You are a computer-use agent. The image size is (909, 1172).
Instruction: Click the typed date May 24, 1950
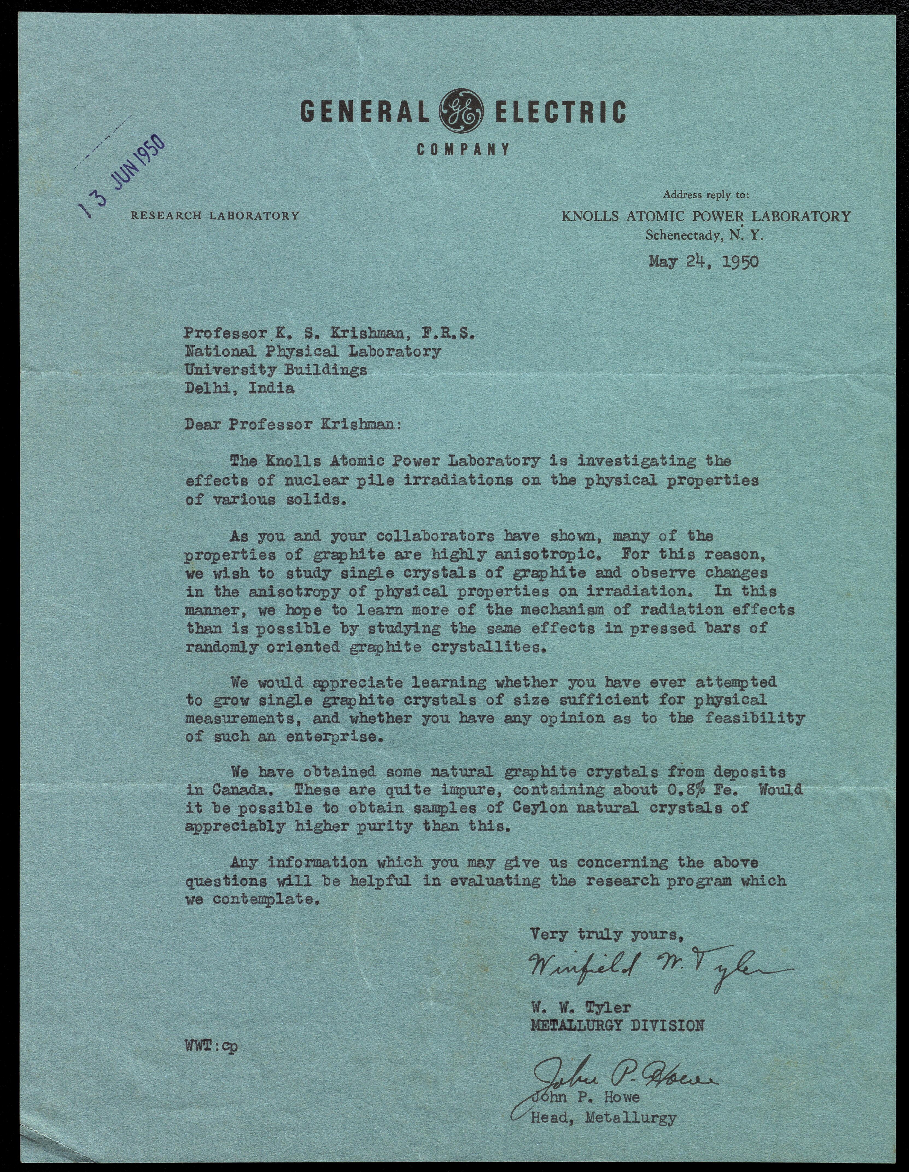point(703,261)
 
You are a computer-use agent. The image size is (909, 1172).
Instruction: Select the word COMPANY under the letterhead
point(463,149)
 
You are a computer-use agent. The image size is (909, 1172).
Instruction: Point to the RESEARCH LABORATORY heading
point(215,216)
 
